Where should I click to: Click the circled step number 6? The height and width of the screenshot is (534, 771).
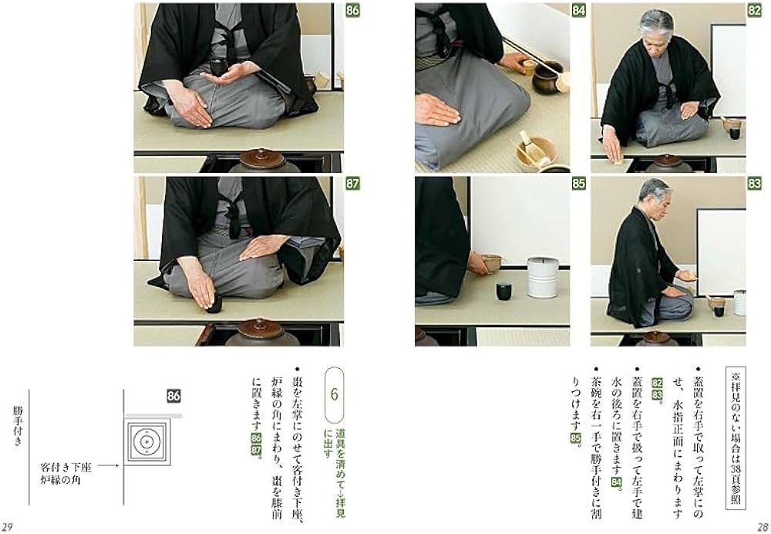click(335, 393)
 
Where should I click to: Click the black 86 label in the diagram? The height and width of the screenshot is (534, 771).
click(173, 396)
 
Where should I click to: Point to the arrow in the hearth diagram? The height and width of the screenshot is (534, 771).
click(107, 466)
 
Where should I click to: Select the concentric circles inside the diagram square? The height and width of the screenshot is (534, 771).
click(144, 441)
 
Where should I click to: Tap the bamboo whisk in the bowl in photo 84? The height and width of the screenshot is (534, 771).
click(529, 146)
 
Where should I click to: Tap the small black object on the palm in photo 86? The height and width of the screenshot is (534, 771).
click(218, 68)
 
